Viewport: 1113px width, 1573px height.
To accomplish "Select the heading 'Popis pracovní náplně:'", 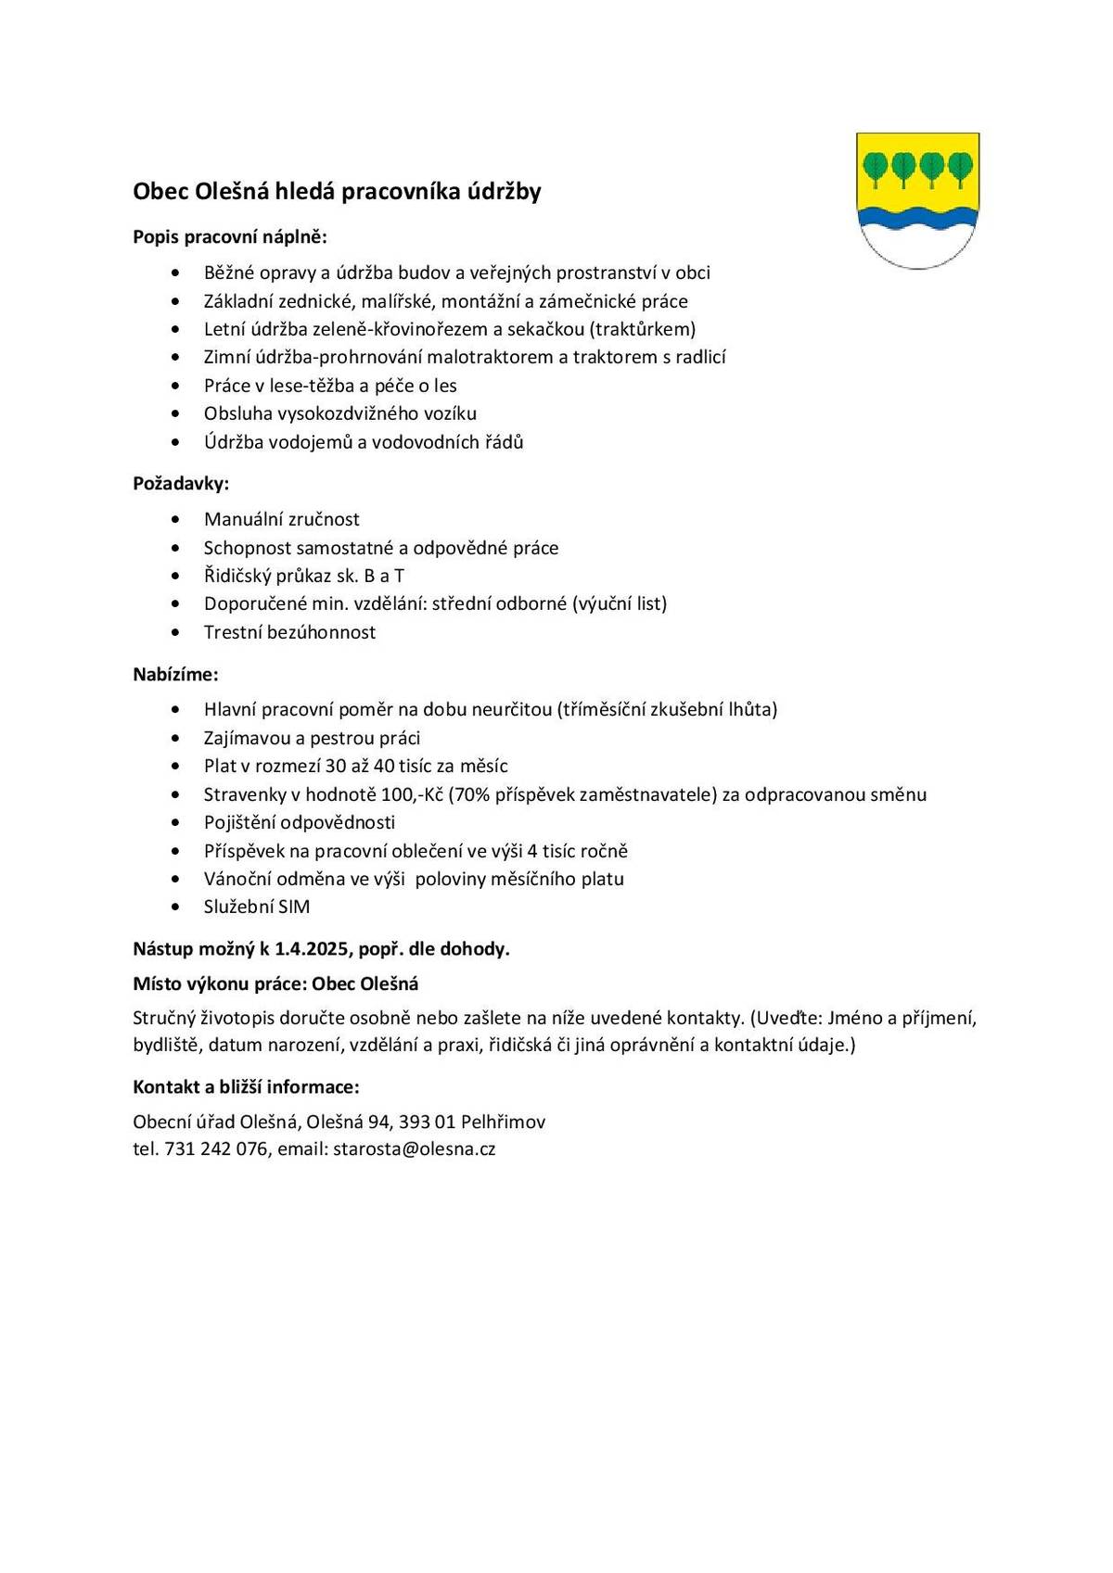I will click(230, 236).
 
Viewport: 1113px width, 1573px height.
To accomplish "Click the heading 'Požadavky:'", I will click(181, 483).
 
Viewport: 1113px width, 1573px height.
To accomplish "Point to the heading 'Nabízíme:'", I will click(175, 674).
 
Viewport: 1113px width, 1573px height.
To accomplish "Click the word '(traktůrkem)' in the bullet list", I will click(643, 329).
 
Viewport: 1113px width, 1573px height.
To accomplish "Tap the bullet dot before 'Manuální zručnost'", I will click(176, 519).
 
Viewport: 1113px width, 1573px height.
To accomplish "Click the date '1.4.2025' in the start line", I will click(312, 948).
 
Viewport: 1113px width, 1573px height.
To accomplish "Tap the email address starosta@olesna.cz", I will click(415, 1148).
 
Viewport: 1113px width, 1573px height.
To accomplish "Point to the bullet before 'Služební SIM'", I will click(176, 907).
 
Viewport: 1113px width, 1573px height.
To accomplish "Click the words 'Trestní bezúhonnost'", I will click(289, 632).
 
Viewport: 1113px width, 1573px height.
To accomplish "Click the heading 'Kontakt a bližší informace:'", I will click(246, 1086).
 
